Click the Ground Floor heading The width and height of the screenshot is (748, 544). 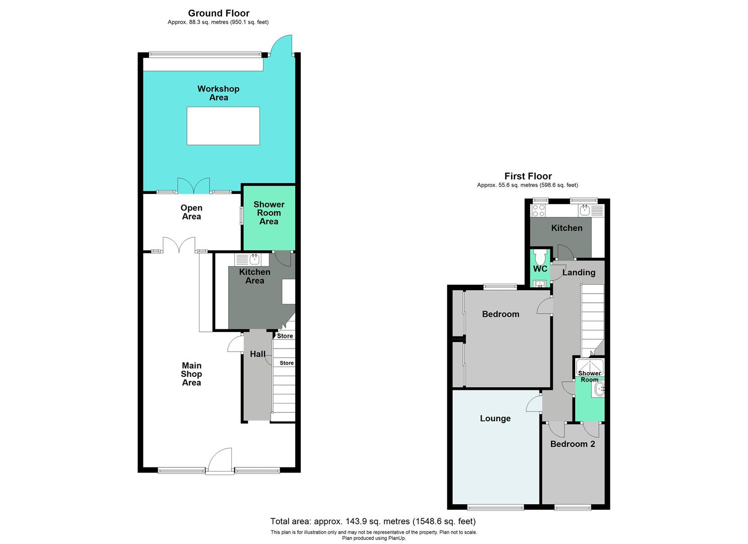tap(219, 13)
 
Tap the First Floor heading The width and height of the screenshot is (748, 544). tap(528, 176)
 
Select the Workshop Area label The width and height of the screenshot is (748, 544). tap(218, 93)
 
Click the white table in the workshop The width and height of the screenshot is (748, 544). tap(223, 126)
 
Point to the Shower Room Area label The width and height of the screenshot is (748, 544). tap(268, 213)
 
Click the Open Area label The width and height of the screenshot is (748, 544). tap(191, 212)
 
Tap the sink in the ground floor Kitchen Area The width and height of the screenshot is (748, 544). tap(254, 259)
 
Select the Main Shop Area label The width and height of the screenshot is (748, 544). tap(191, 374)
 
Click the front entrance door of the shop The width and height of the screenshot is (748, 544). tap(220, 461)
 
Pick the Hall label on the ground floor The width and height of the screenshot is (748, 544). tap(257, 354)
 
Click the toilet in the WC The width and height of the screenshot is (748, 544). tap(540, 257)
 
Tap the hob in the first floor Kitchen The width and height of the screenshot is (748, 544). tap(538, 210)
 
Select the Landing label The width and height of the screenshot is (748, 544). tap(578, 273)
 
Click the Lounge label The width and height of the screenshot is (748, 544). tap(495, 419)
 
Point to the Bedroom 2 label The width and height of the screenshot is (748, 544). tap(572, 444)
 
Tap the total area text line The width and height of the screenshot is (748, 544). tap(373, 521)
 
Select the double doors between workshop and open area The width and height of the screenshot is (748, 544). tap(193, 186)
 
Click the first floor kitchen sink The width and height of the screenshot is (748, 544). tap(584, 210)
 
